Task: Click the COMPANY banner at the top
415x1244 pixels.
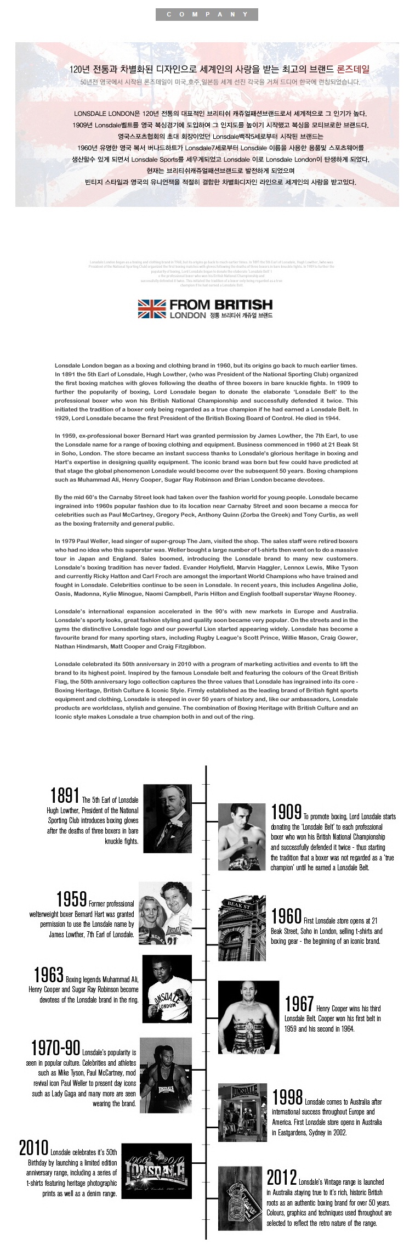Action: (207, 14)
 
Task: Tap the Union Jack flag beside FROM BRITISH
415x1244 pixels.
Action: (152, 308)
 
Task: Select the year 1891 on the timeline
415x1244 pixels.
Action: (65, 796)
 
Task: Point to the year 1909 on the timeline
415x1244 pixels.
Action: (286, 812)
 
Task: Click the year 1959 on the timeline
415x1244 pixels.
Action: (72, 899)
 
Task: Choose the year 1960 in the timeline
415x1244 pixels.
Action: (286, 916)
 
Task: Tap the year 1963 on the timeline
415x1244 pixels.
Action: (49, 975)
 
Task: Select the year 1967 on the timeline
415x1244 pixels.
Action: (299, 1004)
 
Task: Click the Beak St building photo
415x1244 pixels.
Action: (242, 929)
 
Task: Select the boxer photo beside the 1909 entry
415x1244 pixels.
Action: (242, 836)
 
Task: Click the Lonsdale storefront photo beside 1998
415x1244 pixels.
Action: (242, 1111)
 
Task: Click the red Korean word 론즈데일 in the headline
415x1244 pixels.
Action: (353, 69)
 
